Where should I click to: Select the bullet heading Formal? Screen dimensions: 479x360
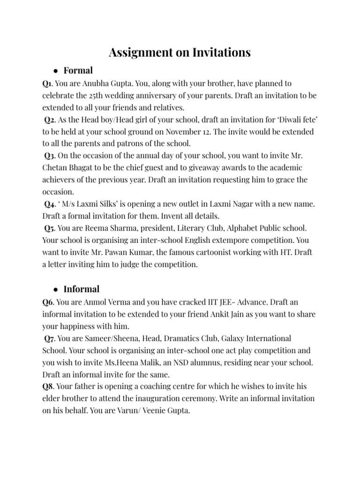[78, 71]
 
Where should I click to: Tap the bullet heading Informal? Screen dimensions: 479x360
[82, 289]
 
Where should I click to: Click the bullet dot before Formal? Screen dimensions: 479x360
[55, 71]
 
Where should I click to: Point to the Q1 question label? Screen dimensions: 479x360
[47, 83]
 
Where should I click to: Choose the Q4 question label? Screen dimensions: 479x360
[50, 204]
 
